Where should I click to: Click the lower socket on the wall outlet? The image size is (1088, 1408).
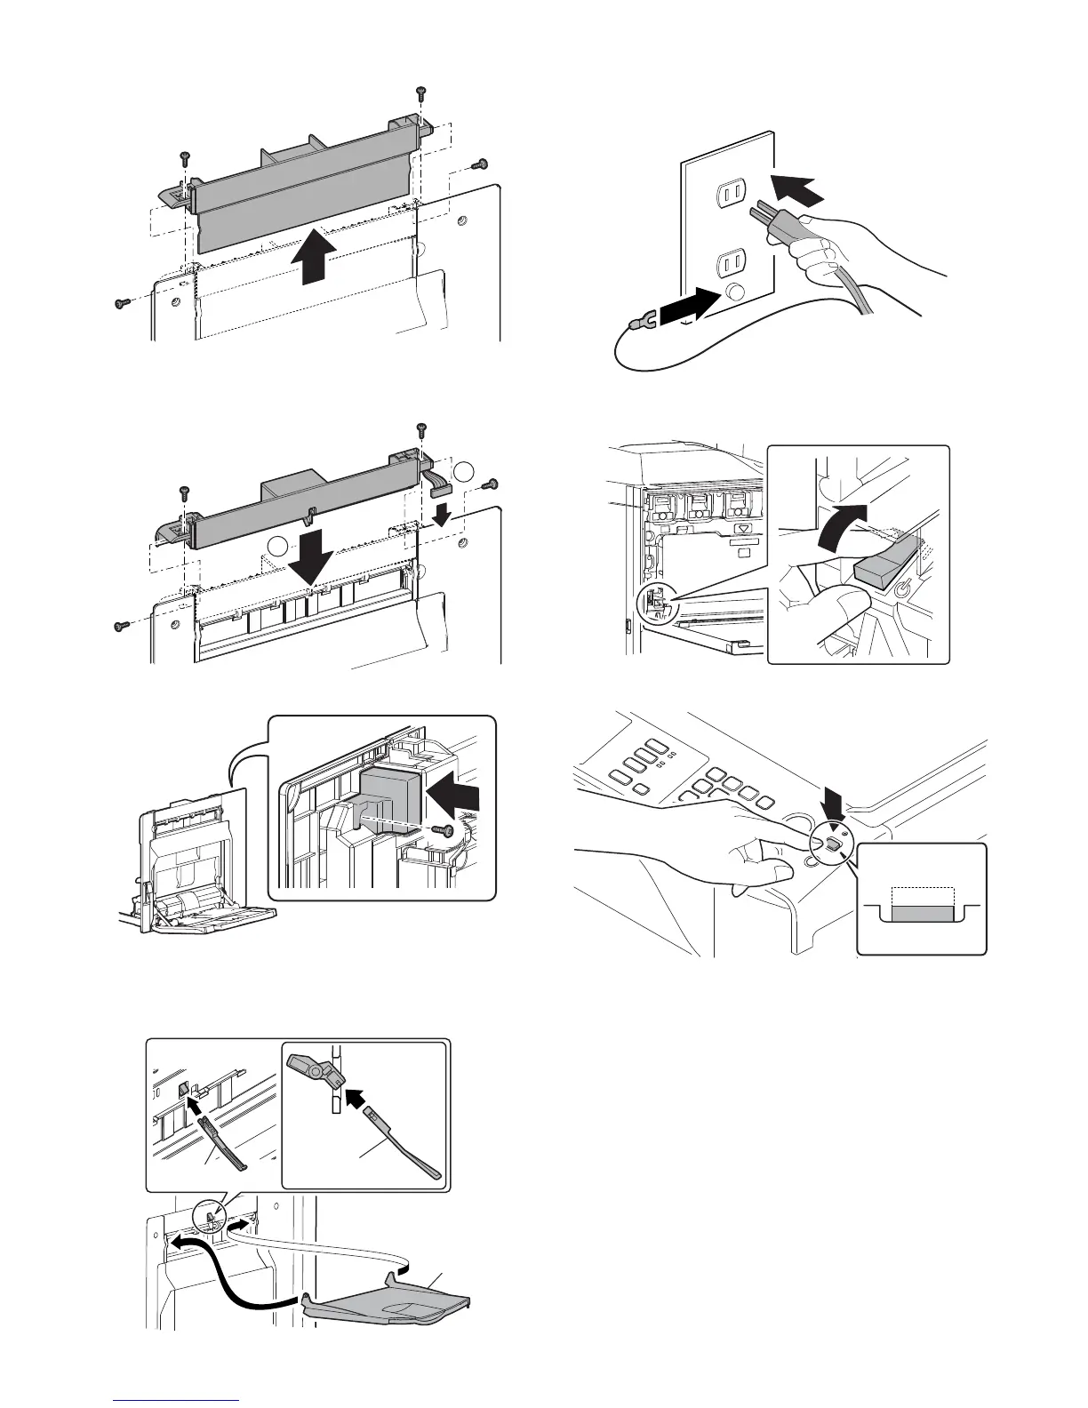(x=735, y=262)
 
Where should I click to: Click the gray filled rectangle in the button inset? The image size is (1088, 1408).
(x=923, y=915)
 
